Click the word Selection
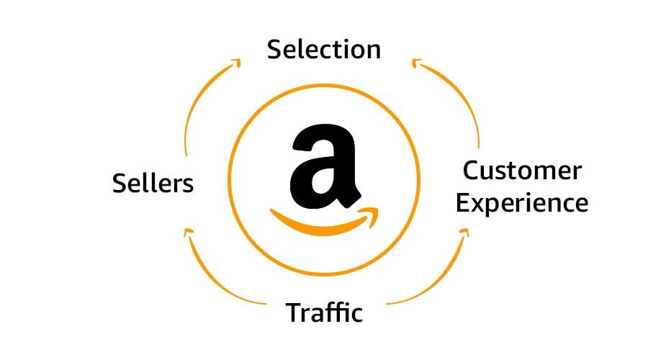click(324, 49)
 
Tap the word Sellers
click(153, 183)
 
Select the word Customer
click(522, 171)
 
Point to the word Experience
click(522, 203)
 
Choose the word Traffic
click(324, 313)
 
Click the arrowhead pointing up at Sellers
click(189, 232)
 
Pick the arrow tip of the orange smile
click(372, 213)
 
